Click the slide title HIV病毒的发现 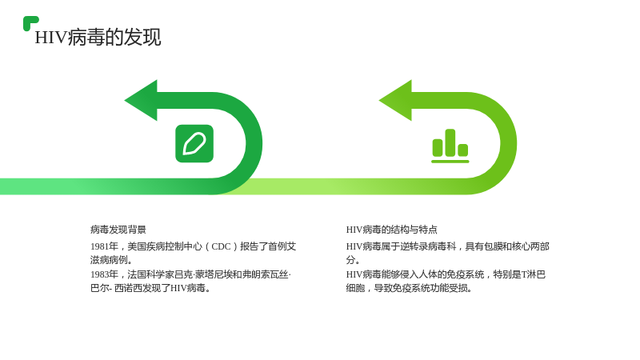tap(98, 37)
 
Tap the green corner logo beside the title tap(30, 23)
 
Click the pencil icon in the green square tap(194, 144)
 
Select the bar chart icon tap(450, 146)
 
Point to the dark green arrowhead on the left tap(142, 101)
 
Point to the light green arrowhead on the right tap(395, 101)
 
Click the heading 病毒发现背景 tap(118, 230)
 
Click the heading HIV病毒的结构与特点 tap(391, 230)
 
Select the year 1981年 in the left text tap(105, 246)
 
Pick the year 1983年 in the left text tap(105, 274)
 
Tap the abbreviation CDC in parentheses tap(221, 246)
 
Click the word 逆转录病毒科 tap(428, 246)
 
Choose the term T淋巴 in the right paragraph tap(534, 274)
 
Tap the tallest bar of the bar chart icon tap(450, 142)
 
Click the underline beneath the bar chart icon tap(450, 162)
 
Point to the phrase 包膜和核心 tap(498, 246)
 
